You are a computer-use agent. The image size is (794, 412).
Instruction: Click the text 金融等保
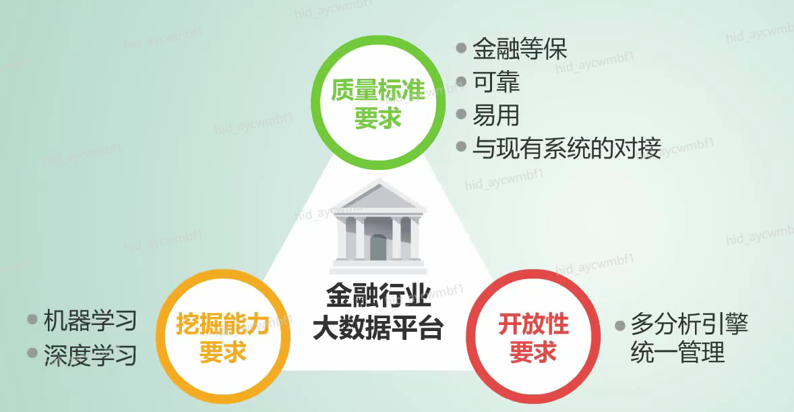click(520, 49)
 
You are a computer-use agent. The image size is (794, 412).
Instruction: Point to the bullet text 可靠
click(496, 82)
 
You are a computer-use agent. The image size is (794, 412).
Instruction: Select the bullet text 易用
click(496, 115)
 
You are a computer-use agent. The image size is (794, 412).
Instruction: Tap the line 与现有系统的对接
click(566, 148)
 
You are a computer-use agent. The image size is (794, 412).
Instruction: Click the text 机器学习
click(90, 320)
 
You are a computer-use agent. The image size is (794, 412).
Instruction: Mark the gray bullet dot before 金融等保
click(461, 49)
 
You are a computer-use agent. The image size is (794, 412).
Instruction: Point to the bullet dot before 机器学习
click(32, 320)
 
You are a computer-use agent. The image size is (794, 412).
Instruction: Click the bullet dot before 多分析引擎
click(619, 325)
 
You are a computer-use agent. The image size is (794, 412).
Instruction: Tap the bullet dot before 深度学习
click(32, 353)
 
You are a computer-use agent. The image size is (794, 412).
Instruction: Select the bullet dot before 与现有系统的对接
click(461, 146)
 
